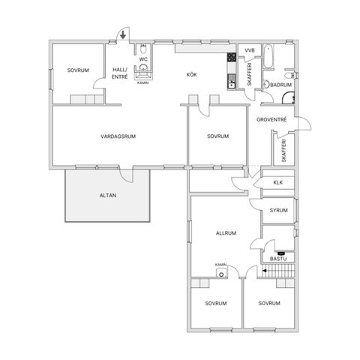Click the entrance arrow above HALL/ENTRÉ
tap(123, 35)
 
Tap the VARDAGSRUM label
tap(118, 136)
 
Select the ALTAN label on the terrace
tap(108, 196)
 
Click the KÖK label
tap(192, 74)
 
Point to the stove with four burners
tap(232, 58)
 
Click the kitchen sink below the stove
tap(232, 85)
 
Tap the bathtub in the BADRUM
tap(268, 56)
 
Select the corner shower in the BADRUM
tap(289, 98)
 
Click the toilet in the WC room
tap(143, 49)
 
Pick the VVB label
tap(250, 50)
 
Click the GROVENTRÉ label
tap(271, 120)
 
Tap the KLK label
tap(278, 182)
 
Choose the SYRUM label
tap(278, 211)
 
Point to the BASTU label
tap(278, 259)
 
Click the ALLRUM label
tap(226, 233)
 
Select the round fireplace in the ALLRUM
tap(221, 272)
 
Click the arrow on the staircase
tap(264, 271)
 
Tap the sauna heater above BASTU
tap(280, 253)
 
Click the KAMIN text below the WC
tap(143, 82)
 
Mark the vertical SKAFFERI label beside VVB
tap(250, 74)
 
